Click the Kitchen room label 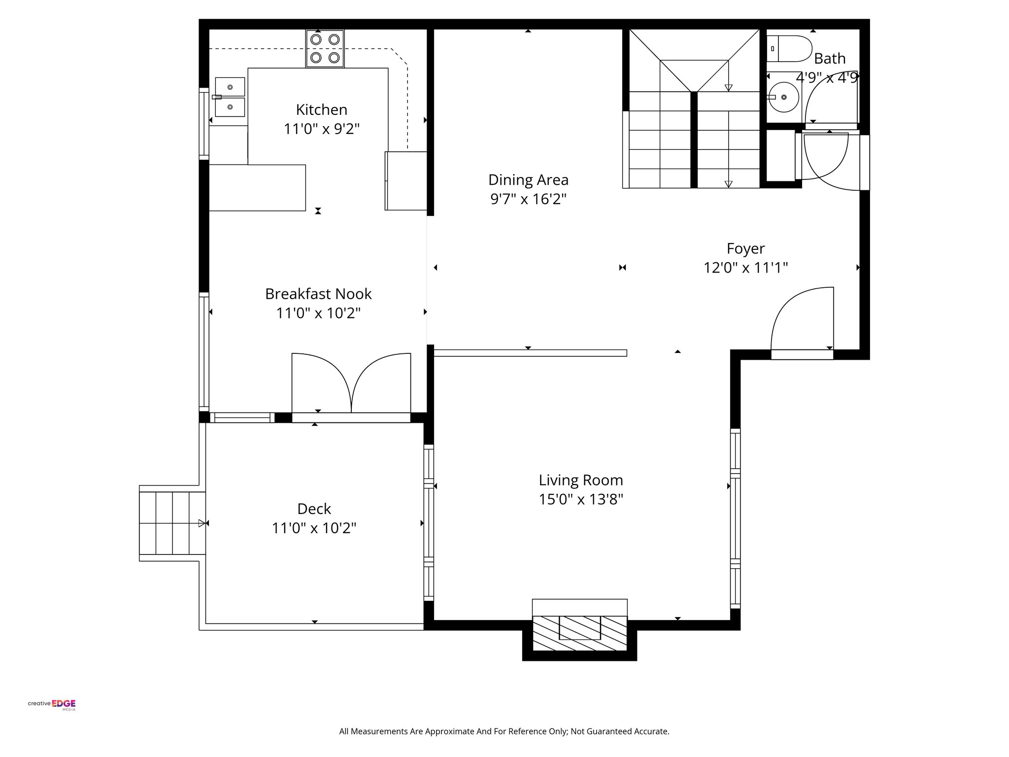tap(321, 109)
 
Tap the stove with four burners tap(325, 48)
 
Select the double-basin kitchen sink tap(230, 97)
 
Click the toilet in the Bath tap(788, 48)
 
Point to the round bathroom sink tap(783, 98)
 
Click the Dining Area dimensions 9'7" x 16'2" tap(528, 199)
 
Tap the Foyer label tap(745, 248)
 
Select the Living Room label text tap(580, 480)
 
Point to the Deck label tap(314, 509)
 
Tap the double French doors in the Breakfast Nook tap(351, 384)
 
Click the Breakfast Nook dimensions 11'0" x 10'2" tap(318, 313)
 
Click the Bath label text tap(829, 59)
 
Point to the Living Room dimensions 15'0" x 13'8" tap(580, 499)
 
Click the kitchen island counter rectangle tap(257, 188)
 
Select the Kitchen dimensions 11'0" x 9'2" tap(321, 129)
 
